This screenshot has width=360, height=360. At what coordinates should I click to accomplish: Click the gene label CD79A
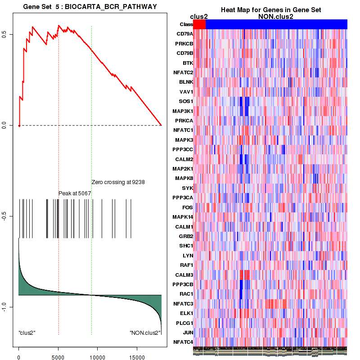pos(185,34)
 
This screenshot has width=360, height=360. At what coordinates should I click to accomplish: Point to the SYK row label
pos(188,188)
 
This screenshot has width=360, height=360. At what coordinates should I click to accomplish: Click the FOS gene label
pos(188,207)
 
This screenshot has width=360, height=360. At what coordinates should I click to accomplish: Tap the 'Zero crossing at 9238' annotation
pos(117,182)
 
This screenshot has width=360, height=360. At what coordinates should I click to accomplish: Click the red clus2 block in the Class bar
pos(199,24)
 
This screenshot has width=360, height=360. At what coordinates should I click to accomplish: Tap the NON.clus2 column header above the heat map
pos(276,17)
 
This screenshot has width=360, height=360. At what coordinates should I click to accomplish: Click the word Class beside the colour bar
pos(186,24)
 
